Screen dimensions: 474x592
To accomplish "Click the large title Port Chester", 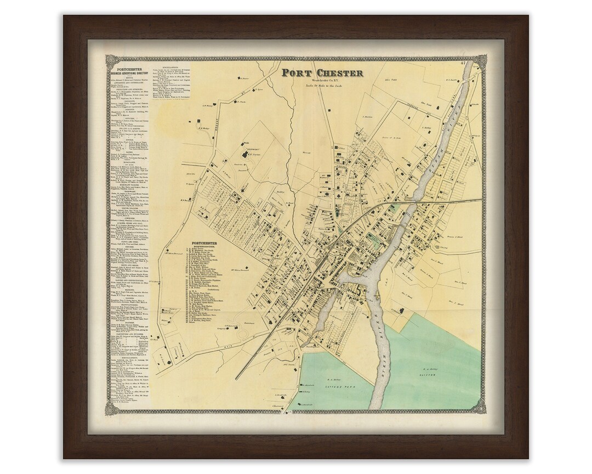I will coord(322,73).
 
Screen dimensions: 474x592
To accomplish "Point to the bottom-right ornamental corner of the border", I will coord(480,407).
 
